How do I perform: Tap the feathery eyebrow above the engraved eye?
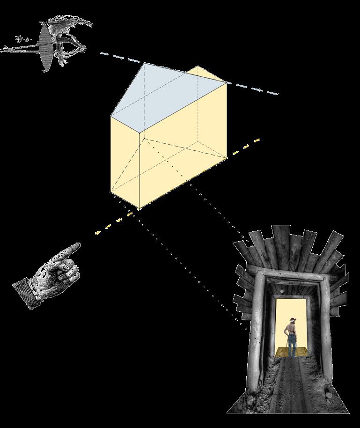click(x=70, y=26)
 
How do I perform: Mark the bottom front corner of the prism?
click(x=140, y=208)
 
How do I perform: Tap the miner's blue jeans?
click(x=292, y=346)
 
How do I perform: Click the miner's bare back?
click(x=291, y=330)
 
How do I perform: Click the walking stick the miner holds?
click(x=283, y=347)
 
